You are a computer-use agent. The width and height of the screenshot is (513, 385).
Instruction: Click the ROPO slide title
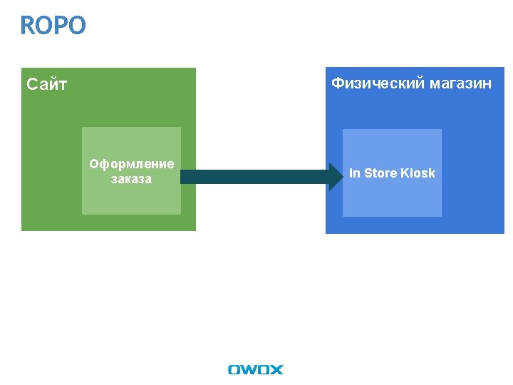click(53, 26)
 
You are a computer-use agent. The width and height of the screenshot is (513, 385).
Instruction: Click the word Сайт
click(47, 85)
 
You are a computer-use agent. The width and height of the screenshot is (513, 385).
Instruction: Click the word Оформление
click(131, 165)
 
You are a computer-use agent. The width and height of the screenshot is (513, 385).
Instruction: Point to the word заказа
click(131, 179)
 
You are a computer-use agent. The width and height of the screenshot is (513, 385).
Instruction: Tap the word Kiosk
click(418, 173)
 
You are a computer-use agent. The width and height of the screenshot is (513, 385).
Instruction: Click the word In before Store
click(355, 173)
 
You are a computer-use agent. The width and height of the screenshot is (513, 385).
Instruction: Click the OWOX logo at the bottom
click(255, 369)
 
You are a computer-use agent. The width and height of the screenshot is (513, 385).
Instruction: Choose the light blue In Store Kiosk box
click(392, 200)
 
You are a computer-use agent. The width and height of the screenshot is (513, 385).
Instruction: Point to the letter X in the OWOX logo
click(276, 369)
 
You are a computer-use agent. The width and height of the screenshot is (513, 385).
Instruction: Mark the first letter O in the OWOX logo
click(234, 369)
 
